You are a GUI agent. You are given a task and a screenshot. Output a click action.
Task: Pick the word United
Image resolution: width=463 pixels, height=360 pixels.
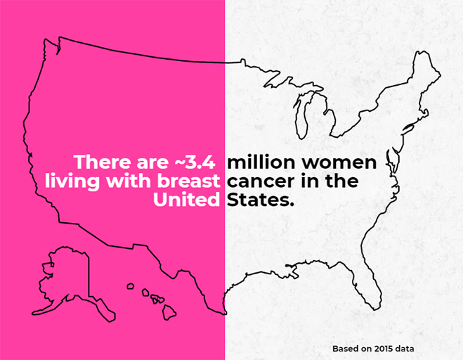(x=187, y=200)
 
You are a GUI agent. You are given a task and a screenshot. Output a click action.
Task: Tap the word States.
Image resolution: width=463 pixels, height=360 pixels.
(x=259, y=200)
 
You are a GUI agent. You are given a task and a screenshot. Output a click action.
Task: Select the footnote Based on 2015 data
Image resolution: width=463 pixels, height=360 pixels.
(x=373, y=348)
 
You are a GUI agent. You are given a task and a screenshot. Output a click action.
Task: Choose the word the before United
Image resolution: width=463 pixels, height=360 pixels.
(x=341, y=181)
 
